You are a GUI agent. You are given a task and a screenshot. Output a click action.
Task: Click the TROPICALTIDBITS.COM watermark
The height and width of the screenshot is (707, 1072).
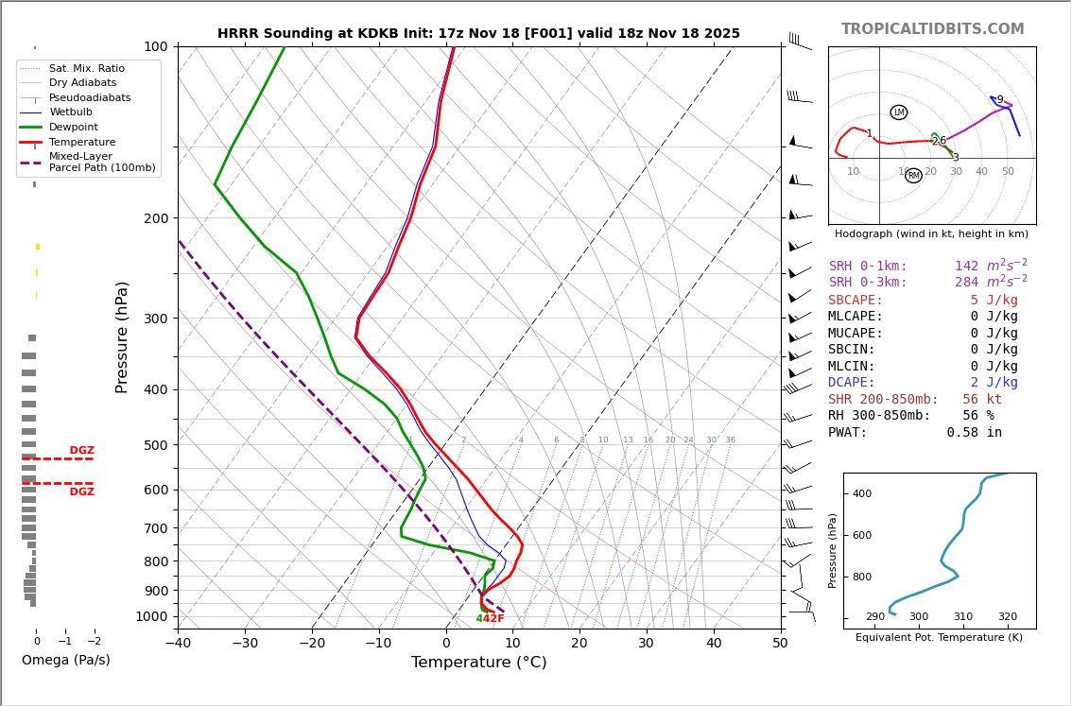pyautogui.click(x=932, y=29)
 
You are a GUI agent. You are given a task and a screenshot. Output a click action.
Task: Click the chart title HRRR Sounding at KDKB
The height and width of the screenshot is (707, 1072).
pyautogui.click(x=478, y=34)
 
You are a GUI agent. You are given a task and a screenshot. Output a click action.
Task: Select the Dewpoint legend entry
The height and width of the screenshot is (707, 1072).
pyautogui.click(x=74, y=127)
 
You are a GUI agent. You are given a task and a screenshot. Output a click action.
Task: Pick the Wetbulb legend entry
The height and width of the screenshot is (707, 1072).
pyautogui.click(x=71, y=112)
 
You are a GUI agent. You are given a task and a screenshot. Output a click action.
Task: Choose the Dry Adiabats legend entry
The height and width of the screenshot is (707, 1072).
pyautogui.click(x=82, y=83)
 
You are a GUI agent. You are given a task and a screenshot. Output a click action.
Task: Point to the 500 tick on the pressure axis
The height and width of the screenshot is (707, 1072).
pyautogui.click(x=155, y=445)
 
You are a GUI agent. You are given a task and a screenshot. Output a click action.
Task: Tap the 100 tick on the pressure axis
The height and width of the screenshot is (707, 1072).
pyautogui.click(x=155, y=46)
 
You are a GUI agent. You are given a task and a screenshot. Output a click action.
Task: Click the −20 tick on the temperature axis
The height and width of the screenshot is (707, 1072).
pyautogui.click(x=312, y=645)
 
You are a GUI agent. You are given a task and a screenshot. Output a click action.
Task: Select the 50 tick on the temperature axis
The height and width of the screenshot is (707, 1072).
pyautogui.click(x=780, y=645)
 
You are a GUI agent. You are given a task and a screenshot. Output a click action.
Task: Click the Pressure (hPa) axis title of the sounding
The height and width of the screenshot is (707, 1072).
pyautogui.click(x=122, y=336)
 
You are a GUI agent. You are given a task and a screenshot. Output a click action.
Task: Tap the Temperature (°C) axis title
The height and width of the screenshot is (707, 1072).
pyautogui.click(x=478, y=664)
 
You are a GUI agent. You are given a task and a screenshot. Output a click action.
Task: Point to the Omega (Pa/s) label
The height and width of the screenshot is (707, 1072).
pyautogui.click(x=65, y=661)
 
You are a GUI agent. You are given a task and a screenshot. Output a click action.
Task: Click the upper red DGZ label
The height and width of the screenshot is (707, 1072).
pyautogui.click(x=81, y=451)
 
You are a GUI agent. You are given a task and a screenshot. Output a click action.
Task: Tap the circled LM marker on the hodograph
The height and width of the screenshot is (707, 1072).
pyautogui.click(x=899, y=112)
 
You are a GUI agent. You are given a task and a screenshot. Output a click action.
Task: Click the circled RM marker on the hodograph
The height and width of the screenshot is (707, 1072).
pyautogui.click(x=913, y=176)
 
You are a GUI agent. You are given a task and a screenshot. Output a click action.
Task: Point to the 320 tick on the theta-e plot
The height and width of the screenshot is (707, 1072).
pyautogui.click(x=1008, y=617)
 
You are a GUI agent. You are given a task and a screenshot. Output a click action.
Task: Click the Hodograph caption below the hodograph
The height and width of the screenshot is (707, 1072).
pyautogui.click(x=931, y=233)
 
